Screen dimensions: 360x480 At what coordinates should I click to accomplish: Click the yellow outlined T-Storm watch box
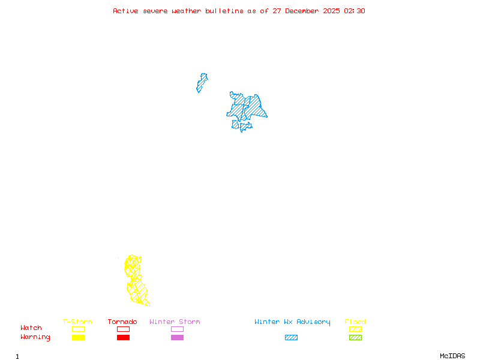[78, 329]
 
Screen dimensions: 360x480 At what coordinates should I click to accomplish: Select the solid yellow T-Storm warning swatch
[78, 338]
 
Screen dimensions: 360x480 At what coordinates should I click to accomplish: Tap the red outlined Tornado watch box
[123, 329]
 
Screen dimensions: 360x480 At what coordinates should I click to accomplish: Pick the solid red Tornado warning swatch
[123, 338]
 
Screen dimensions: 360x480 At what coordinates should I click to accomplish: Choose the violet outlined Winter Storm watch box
[177, 329]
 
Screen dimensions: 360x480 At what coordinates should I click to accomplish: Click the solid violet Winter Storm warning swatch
[177, 338]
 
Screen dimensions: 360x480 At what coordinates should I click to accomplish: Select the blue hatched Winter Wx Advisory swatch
[291, 338]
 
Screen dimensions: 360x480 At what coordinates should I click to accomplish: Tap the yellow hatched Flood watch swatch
[355, 329]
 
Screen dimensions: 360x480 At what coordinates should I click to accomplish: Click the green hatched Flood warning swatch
[355, 338]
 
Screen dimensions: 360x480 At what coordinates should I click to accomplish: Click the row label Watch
[31, 328]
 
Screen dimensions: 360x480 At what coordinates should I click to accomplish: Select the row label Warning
[35, 337]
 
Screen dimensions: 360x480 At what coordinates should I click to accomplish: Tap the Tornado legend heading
[122, 322]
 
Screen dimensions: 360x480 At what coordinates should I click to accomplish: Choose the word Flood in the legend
[355, 322]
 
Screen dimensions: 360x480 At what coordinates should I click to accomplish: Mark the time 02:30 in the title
[354, 11]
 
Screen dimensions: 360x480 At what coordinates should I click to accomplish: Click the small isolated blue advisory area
[202, 83]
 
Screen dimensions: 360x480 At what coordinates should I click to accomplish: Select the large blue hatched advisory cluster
[247, 109]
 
